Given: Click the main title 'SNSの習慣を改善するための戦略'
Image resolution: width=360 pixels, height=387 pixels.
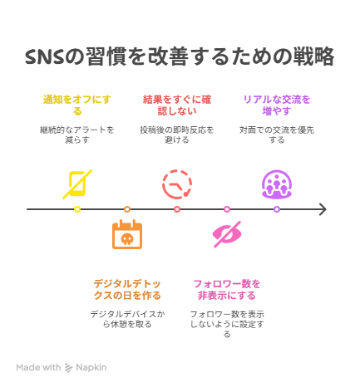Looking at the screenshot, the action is pos(180,56).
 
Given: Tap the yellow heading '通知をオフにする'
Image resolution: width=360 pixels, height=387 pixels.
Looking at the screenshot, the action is pos(77,105).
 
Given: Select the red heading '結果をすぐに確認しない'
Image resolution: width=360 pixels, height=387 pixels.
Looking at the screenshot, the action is pos(177,105).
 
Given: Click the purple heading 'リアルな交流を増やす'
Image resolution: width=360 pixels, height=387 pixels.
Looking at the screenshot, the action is pos(277,105).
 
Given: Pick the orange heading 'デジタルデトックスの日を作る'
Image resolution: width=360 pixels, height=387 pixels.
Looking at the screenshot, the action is pos(127,290).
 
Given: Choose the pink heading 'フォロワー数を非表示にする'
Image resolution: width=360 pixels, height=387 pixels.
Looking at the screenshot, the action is pos(227,290).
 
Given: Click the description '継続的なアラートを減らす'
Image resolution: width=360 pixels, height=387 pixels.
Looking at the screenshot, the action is pos(77,135).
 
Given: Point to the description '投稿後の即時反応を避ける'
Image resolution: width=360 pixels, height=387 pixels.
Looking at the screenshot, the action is pos(177,135).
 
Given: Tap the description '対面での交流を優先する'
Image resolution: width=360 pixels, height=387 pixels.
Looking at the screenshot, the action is pos(277,135).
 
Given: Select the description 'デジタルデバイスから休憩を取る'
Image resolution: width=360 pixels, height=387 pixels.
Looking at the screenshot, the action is pos(127,319).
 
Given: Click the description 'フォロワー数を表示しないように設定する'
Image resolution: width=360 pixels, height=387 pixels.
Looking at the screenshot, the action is pos(227,324).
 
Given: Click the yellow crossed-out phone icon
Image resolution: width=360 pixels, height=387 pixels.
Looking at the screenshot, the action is pos(77,184).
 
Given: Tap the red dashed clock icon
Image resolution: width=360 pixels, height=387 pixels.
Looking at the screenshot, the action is pos(177,184).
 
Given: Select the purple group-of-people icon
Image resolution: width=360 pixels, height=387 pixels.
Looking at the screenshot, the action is pos(277,184).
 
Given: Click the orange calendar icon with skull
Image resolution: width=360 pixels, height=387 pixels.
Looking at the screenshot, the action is pos(127,234).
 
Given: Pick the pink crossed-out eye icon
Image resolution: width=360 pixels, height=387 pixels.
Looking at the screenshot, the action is pos(227,234).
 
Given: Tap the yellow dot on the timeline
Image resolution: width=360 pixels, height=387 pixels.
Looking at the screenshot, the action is pos(77,209).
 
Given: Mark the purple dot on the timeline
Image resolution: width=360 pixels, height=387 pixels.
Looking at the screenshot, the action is pos(277,209).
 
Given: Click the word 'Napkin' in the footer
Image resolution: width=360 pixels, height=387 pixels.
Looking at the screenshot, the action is pos(91,367).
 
